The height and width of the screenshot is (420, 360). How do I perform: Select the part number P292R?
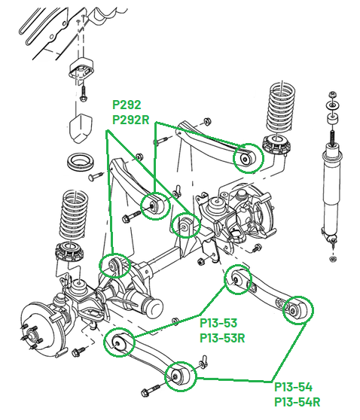pyautogui.click(x=130, y=119)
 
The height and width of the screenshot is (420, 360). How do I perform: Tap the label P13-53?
pyautogui.click(x=218, y=324)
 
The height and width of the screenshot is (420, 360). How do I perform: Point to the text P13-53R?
pyautogui.click(x=222, y=338)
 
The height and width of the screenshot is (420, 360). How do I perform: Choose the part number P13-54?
pyautogui.click(x=293, y=387)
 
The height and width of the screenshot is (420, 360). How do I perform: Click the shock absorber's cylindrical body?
pyautogui.click(x=332, y=188)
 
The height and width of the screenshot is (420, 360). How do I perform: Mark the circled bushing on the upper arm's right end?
pyautogui.click(x=246, y=159)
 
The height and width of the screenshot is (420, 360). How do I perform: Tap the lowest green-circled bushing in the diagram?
pyautogui.click(x=180, y=375)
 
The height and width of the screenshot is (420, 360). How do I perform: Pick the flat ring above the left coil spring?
pyautogui.click(x=79, y=161)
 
